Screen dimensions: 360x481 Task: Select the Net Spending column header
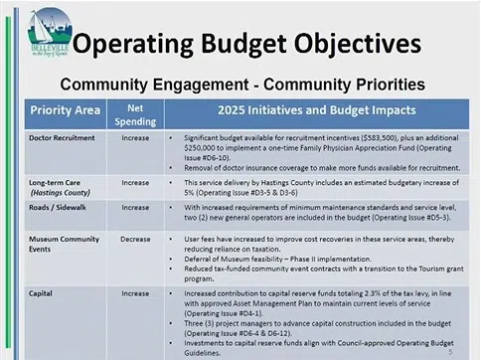click(x=136, y=110)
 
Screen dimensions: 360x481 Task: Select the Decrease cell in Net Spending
click(x=135, y=240)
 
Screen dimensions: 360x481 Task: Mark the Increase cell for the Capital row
click(x=135, y=295)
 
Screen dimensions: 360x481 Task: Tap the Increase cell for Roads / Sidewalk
click(x=135, y=205)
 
